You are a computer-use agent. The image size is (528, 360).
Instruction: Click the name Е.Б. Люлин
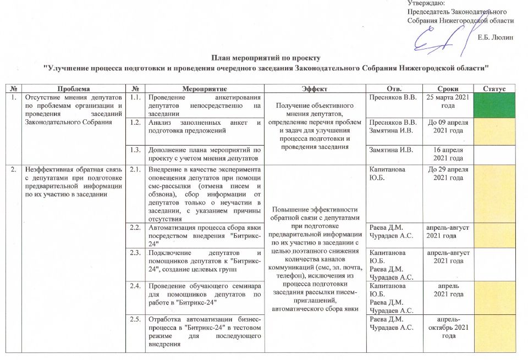click(495, 37)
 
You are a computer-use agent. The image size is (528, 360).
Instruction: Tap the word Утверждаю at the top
click(425, 3)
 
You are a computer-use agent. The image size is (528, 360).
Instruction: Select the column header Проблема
click(74, 88)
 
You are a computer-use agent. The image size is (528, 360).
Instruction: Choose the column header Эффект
click(314, 88)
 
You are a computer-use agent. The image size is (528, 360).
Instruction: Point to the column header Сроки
click(448, 88)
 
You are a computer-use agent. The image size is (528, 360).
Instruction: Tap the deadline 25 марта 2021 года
click(448, 101)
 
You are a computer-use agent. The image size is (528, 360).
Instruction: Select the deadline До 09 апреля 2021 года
click(448, 126)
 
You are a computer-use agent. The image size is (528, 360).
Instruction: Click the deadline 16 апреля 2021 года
click(448, 154)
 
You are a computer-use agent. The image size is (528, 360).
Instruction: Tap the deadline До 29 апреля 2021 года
click(448, 174)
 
